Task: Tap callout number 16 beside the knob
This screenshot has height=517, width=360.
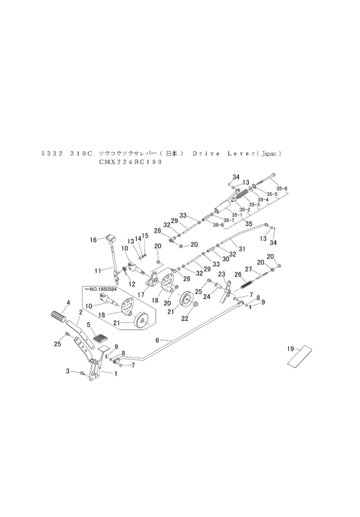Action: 93,240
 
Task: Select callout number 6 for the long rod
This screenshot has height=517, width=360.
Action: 157,340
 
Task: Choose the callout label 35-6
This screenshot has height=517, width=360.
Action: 282,189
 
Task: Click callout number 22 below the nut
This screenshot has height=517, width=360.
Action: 184,318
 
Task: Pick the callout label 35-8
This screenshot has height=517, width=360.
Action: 218,225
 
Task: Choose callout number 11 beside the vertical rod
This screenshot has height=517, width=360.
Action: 98,270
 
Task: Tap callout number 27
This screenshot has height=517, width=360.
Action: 248,269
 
